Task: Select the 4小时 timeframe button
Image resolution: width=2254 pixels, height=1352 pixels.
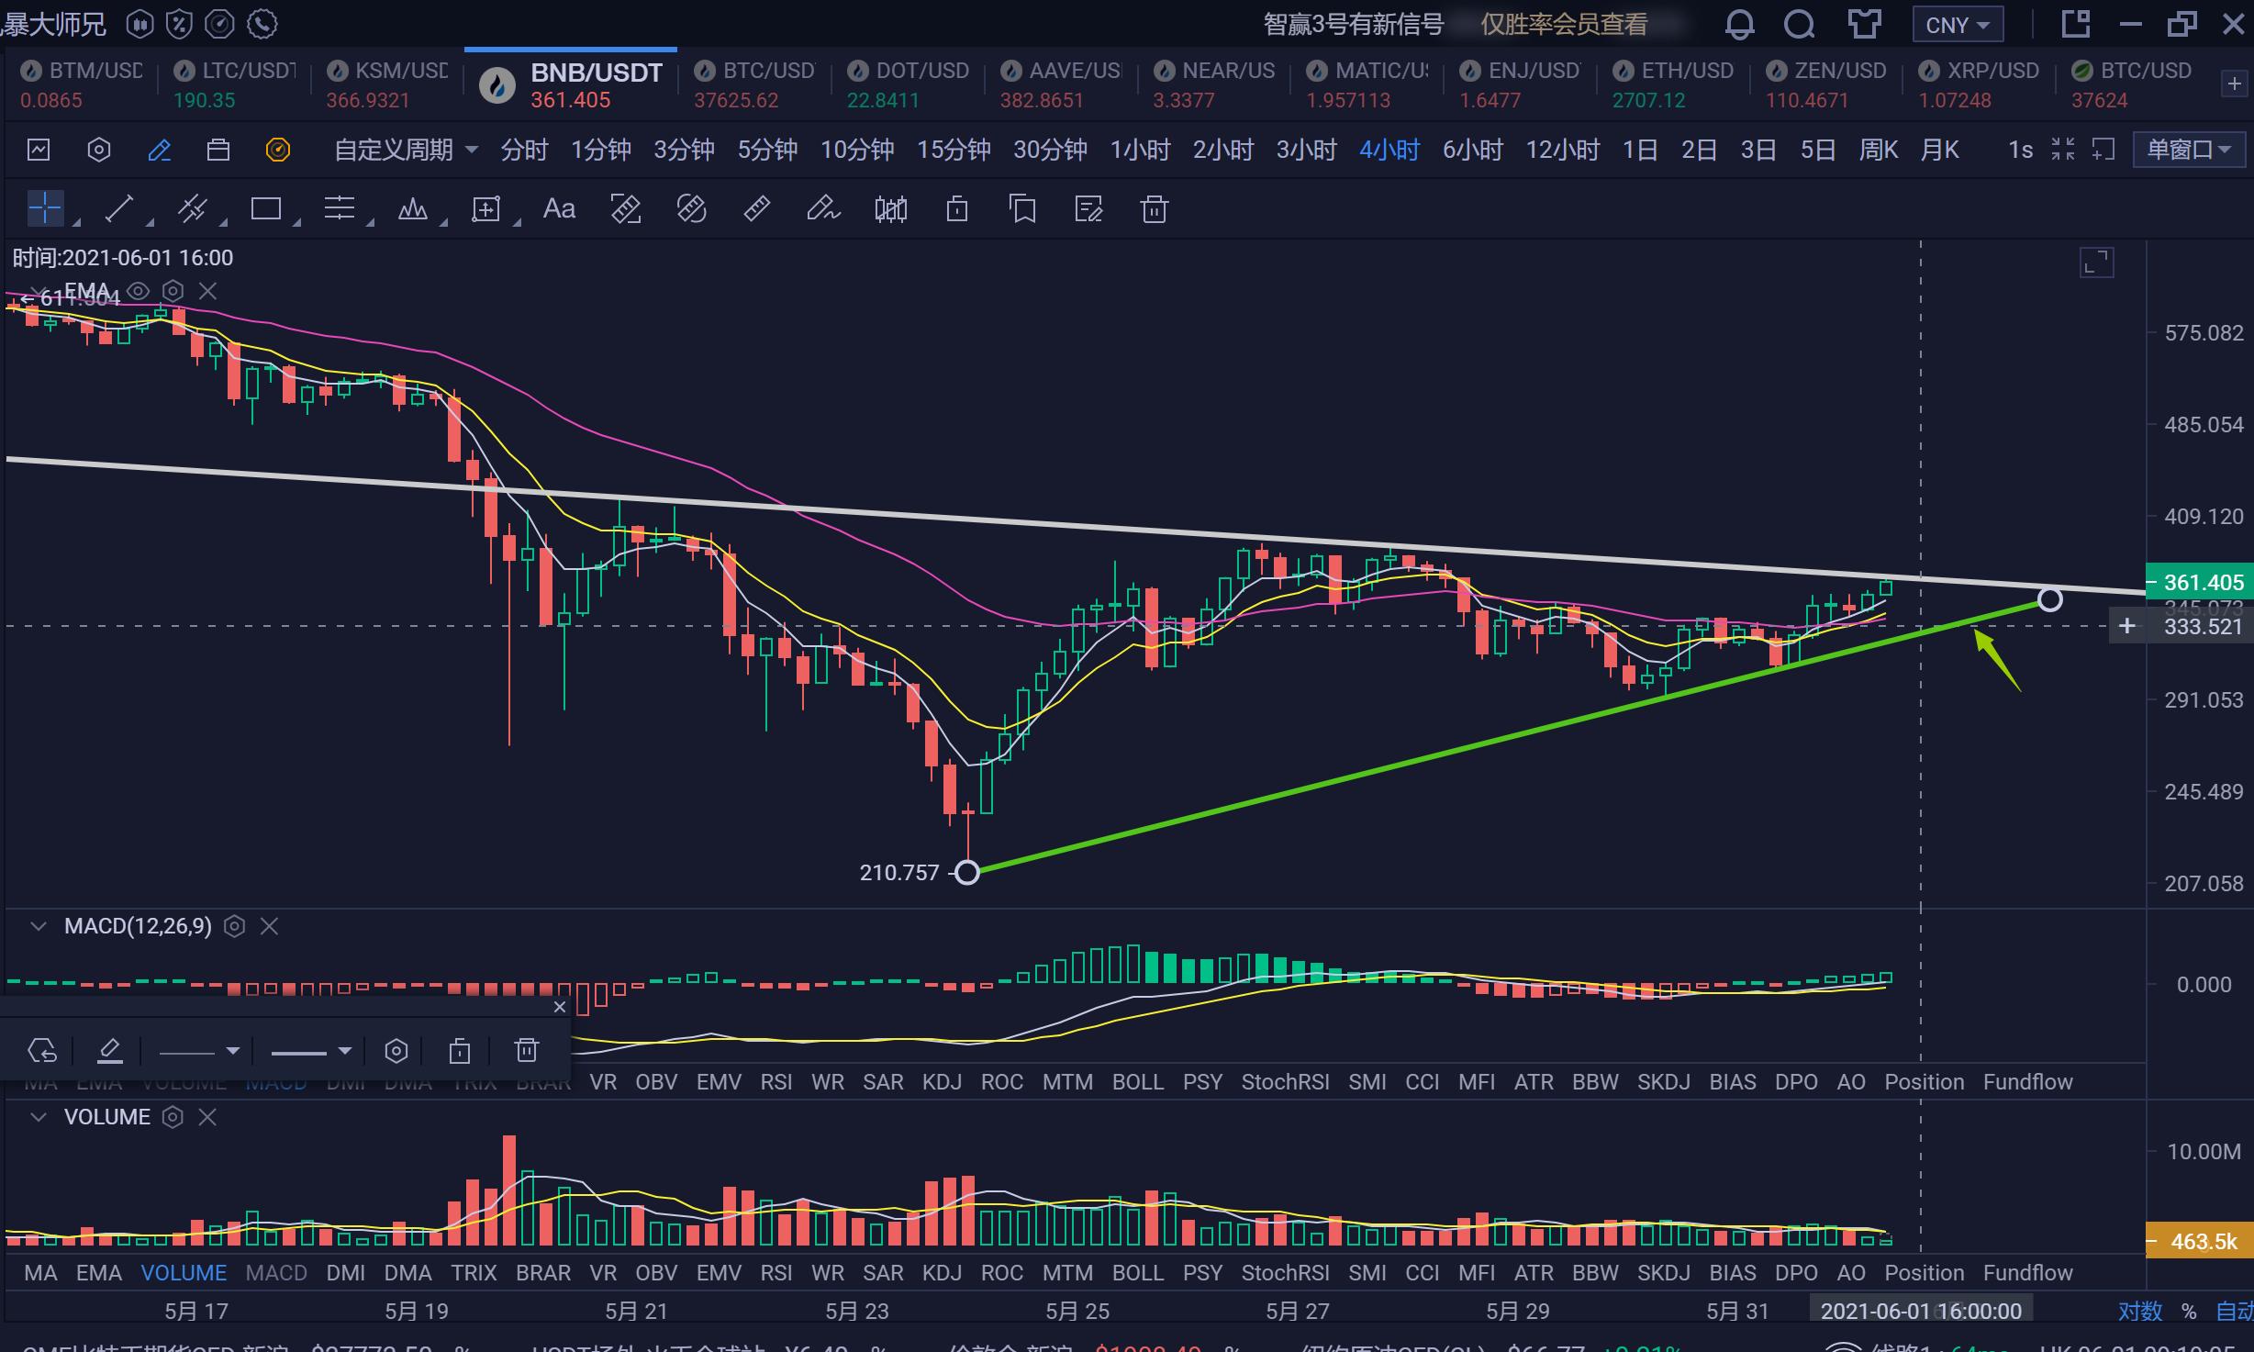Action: coord(1389,150)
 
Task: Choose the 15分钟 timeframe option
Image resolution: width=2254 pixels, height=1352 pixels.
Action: coord(953,150)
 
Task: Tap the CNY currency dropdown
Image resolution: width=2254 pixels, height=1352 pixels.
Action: coord(1957,25)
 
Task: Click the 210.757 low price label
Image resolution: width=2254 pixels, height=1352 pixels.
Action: coord(898,873)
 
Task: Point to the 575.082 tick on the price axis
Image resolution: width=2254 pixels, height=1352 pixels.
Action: coord(2203,333)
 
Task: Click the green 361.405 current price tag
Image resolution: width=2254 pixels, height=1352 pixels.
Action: coord(2201,583)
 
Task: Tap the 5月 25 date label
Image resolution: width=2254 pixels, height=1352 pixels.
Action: coord(1077,1311)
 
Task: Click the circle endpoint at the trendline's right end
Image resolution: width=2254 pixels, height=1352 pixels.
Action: coord(2049,600)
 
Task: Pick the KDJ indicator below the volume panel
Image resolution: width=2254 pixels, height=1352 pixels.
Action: coord(942,1273)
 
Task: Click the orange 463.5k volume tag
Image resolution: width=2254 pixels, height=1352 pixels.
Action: coord(2201,1242)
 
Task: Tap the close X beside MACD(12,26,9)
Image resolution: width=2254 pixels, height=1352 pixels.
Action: coord(269,927)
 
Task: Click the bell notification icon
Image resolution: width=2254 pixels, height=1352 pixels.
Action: coord(1738,25)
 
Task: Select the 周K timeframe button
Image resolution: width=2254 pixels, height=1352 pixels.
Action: coord(1878,150)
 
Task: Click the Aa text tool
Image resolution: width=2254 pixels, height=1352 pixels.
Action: coord(559,209)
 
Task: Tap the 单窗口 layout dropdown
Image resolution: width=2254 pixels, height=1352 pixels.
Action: coord(2189,150)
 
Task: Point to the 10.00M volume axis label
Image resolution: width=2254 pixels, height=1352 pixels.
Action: coord(2203,1152)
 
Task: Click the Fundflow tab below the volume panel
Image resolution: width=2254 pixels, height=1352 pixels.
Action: coord(2027,1273)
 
